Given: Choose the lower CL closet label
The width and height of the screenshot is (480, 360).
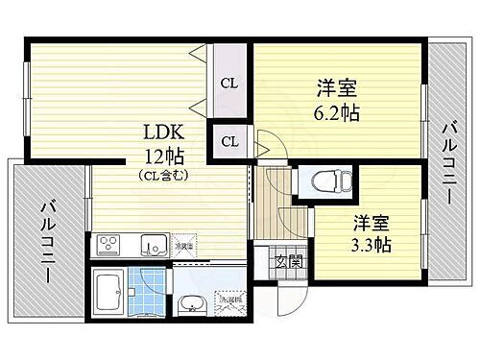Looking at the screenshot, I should coord(230,142).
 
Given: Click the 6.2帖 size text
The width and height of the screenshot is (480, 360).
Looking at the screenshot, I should coord(336,113).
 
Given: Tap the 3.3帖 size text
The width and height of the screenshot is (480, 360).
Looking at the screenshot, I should coord(370,244).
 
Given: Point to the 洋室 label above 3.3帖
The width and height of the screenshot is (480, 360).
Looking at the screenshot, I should coord(370,223).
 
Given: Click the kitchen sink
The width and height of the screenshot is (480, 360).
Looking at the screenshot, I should coord(153,244).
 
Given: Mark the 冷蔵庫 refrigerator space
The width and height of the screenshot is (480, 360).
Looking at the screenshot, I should coord(184,246).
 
